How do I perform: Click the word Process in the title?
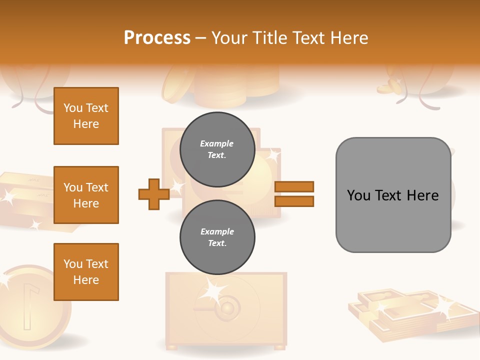(x=157, y=38)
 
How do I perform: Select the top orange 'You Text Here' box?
(x=86, y=116)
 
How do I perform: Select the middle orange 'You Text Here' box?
(x=86, y=195)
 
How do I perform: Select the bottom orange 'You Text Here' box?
(x=86, y=272)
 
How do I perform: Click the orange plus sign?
(x=153, y=194)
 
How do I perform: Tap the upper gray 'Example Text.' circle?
(x=217, y=149)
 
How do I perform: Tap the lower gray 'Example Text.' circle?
(x=217, y=237)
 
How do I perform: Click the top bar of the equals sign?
(x=294, y=186)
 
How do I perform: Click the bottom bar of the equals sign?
(x=294, y=201)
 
